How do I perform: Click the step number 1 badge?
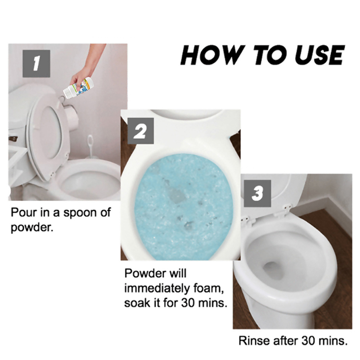pyautogui.click(x=36, y=63)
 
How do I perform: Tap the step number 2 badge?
pyautogui.click(x=140, y=131)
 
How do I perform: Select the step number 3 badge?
pyautogui.click(x=257, y=193)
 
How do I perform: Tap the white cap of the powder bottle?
pyautogui.click(x=67, y=94)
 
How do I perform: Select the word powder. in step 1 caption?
pyautogui.click(x=32, y=228)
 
